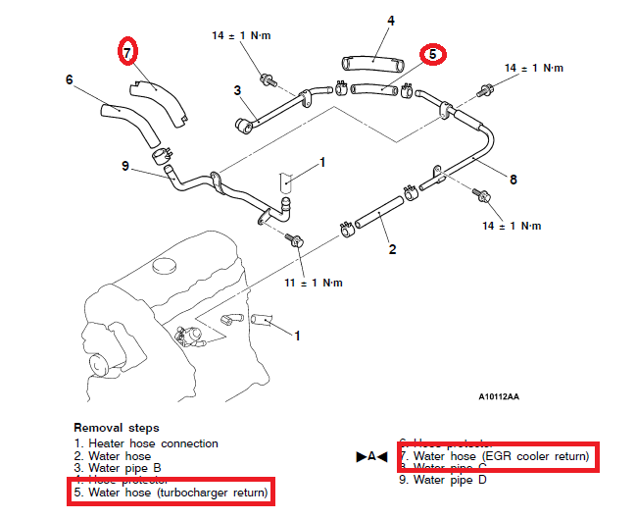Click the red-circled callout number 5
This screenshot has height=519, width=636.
pyautogui.click(x=432, y=55)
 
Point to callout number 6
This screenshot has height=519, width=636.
pyautogui.click(x=70, y=79)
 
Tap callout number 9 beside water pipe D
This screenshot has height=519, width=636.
pyautogui.click(x=126, y=166)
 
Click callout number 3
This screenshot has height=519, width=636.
pyautogui.click(x=237, y=91)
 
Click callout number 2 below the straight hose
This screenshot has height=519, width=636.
pyautogui.click(x=392, y=249)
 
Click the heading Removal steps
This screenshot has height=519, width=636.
pyautogui.click(x=115, y=429)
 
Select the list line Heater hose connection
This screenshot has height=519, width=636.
pyautogui.click(x=146, y=443)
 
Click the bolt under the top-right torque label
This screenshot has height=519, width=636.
pyautogui.click(x=484, y=91)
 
